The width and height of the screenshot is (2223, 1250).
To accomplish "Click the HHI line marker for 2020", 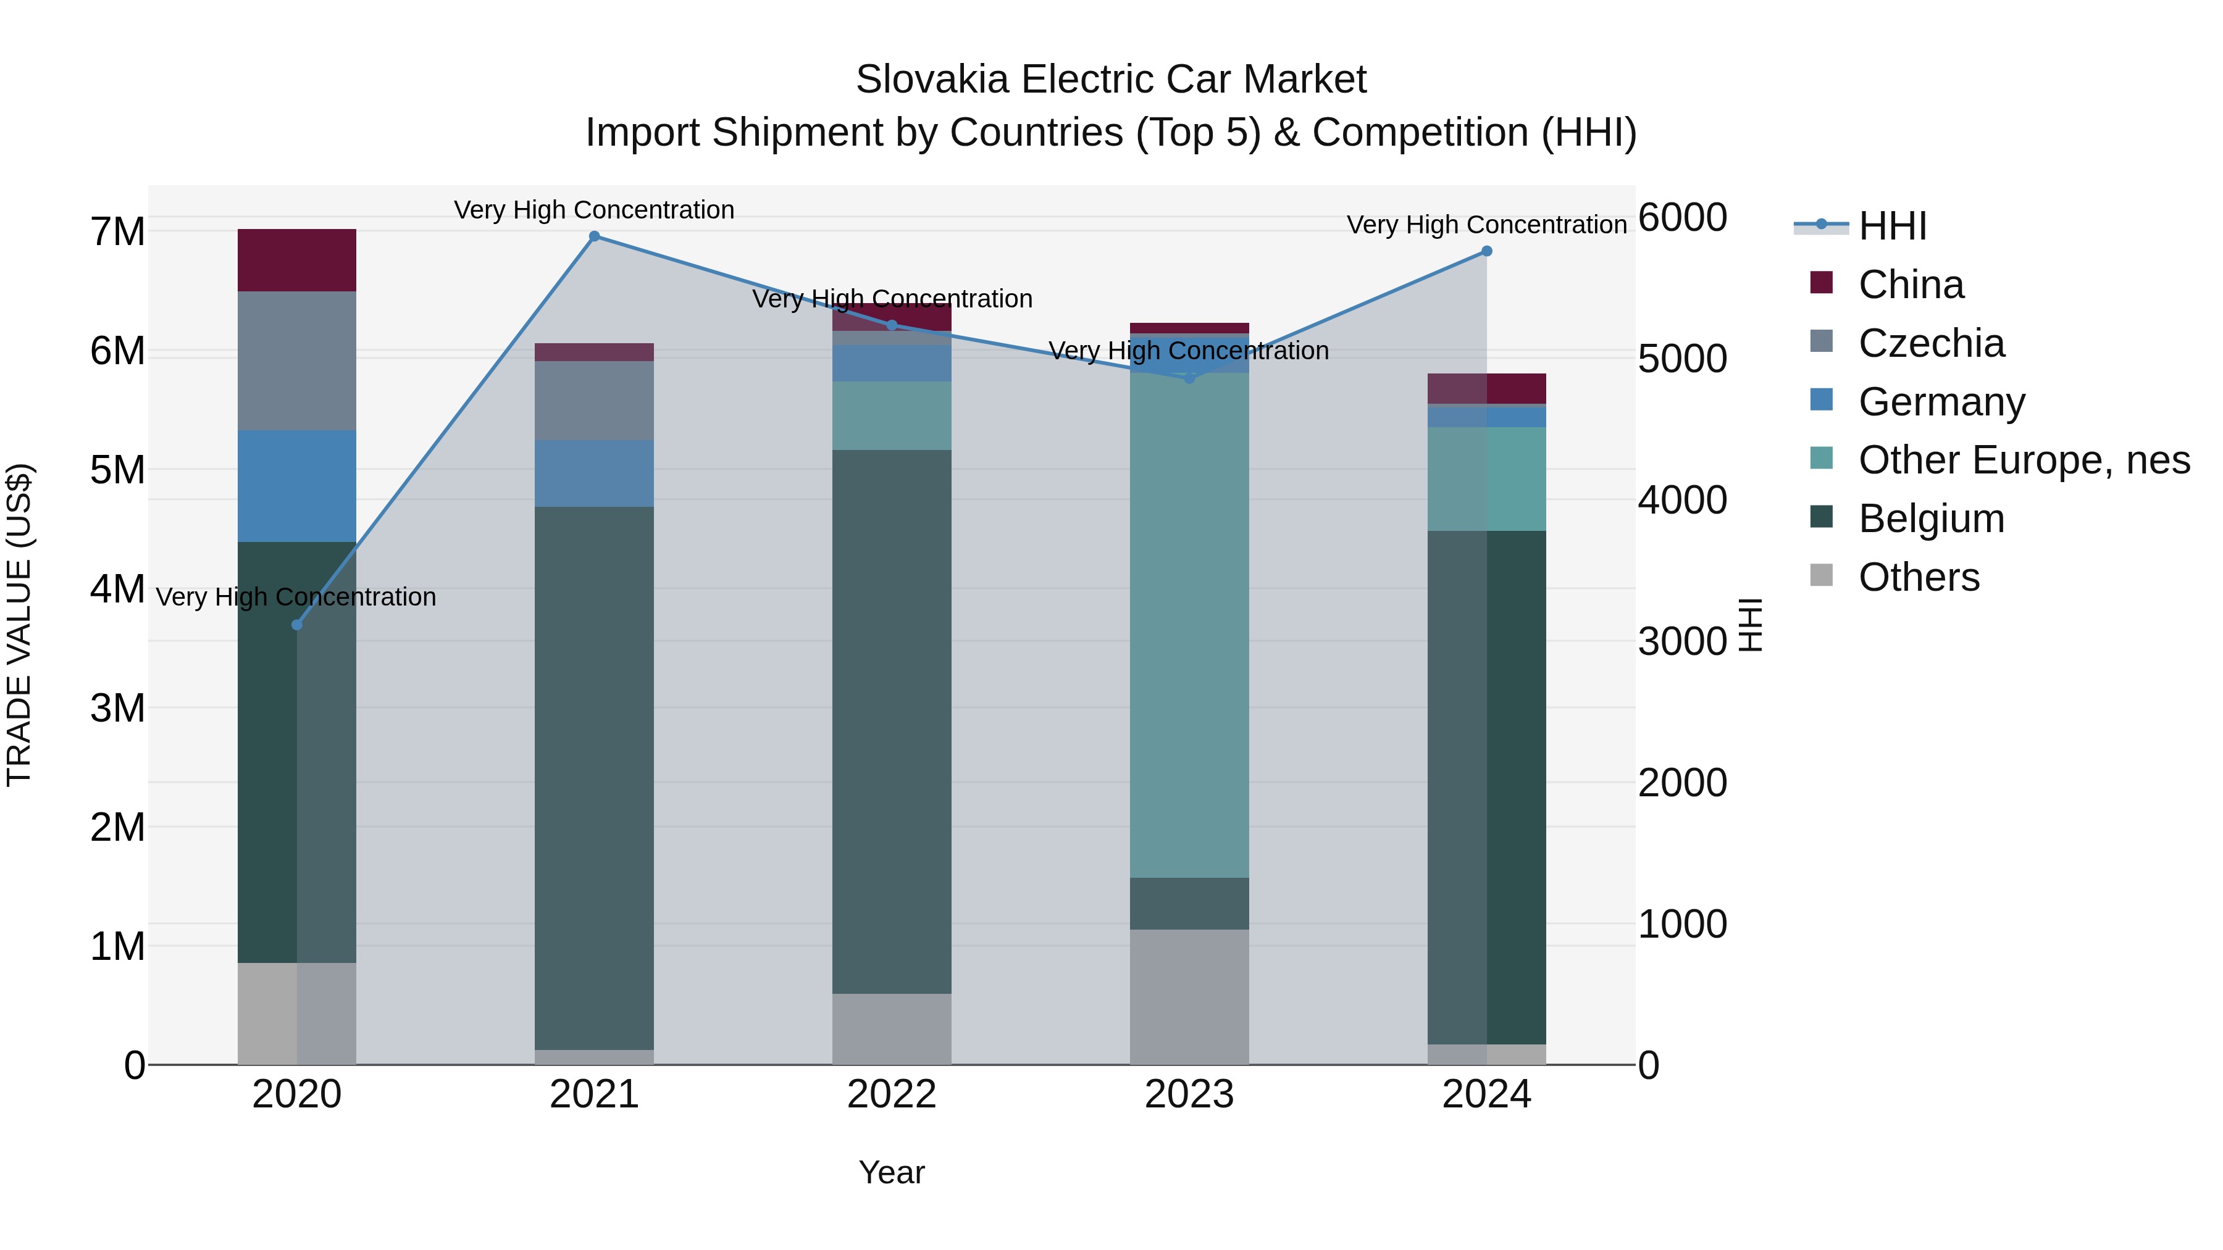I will [x=297, y=625].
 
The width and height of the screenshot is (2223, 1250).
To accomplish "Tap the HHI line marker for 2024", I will [x=1487, y=251].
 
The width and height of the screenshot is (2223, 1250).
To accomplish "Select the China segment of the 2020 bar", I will [x=297, y=260].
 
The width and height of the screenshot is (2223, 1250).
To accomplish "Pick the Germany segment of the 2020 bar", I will [x=297, y=486].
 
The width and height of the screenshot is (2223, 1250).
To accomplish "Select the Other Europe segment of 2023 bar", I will [x=1189, y=625].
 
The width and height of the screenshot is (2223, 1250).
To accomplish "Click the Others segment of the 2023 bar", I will [x=1189, y=996].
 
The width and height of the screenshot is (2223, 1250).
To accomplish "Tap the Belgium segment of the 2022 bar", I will [x=892, y=721].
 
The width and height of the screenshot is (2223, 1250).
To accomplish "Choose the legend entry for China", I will [x=1911, y=285].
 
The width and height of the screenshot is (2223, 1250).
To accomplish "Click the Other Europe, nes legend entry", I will [x=2024, y=460].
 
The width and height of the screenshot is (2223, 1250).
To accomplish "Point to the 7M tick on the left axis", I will [x=117, y=231].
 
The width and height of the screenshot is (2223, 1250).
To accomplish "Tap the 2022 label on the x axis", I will [x=892, y=1094].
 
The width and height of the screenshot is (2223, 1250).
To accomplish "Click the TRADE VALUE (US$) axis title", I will [x=19, y=625].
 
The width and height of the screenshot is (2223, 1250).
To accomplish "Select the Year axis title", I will [x=892, y=1172].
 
